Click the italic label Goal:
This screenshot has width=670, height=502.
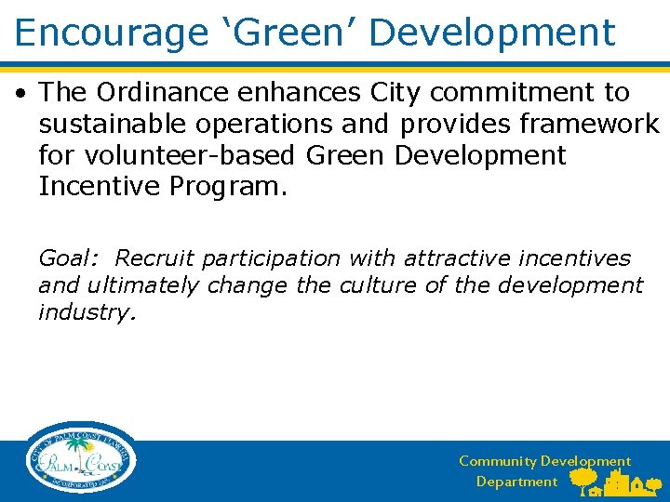[x=70, y=258]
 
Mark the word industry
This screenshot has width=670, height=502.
[x=87, y=312]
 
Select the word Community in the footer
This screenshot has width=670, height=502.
[x=498, y=461]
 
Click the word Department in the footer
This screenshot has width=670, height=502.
[x=516, y=482]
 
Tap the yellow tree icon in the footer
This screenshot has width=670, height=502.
[x=583, y=480]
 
